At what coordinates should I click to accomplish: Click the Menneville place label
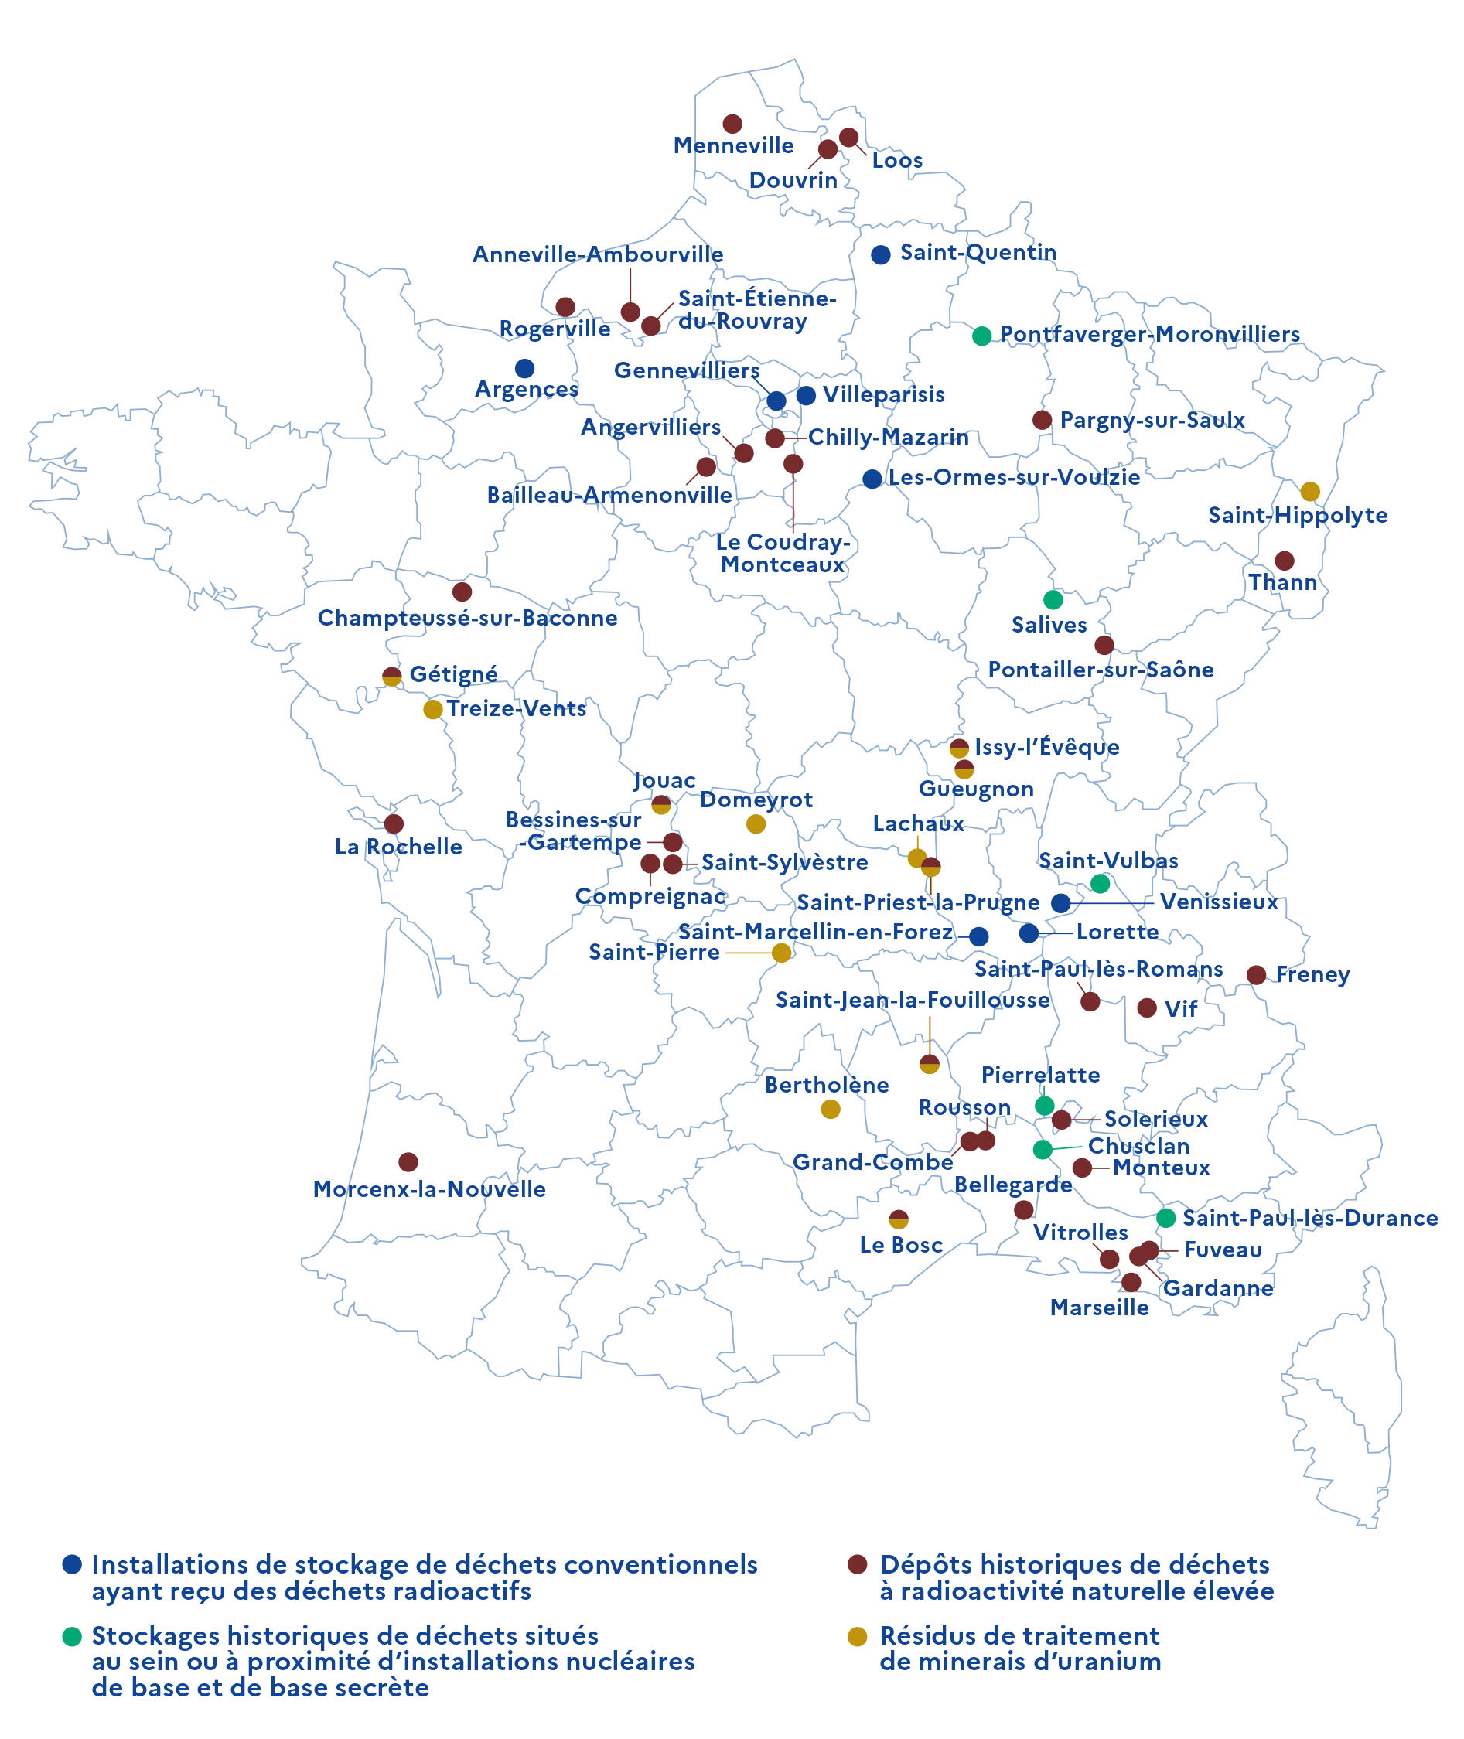(734, 146)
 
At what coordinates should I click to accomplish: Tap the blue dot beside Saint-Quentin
(881, 254)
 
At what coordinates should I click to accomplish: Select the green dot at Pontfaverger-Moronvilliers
(982, 336)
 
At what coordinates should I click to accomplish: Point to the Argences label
(526, 389)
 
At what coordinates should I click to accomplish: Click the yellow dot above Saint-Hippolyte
(1309, 491)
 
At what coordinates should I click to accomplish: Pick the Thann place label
(1283, 582)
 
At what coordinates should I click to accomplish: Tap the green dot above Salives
(1053, 599)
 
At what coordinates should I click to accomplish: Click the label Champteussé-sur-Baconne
(467, 618)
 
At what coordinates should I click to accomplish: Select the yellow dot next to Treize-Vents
(432, 709)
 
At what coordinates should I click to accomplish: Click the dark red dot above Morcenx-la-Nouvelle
(408, 1161)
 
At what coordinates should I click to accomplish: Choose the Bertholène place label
(826, 1085)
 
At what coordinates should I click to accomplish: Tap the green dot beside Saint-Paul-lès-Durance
(1166, 1218)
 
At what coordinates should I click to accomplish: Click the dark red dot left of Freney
(1257, 975)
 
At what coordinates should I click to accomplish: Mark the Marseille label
(1100, 1308)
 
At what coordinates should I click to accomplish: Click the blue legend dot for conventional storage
(72, 1564)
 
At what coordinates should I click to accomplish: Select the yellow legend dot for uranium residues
(858, 1636)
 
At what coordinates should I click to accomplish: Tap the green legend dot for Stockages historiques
(72, 1636)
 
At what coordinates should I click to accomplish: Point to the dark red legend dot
(858, 1564)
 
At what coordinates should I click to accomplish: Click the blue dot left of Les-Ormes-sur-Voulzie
(872, 479)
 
